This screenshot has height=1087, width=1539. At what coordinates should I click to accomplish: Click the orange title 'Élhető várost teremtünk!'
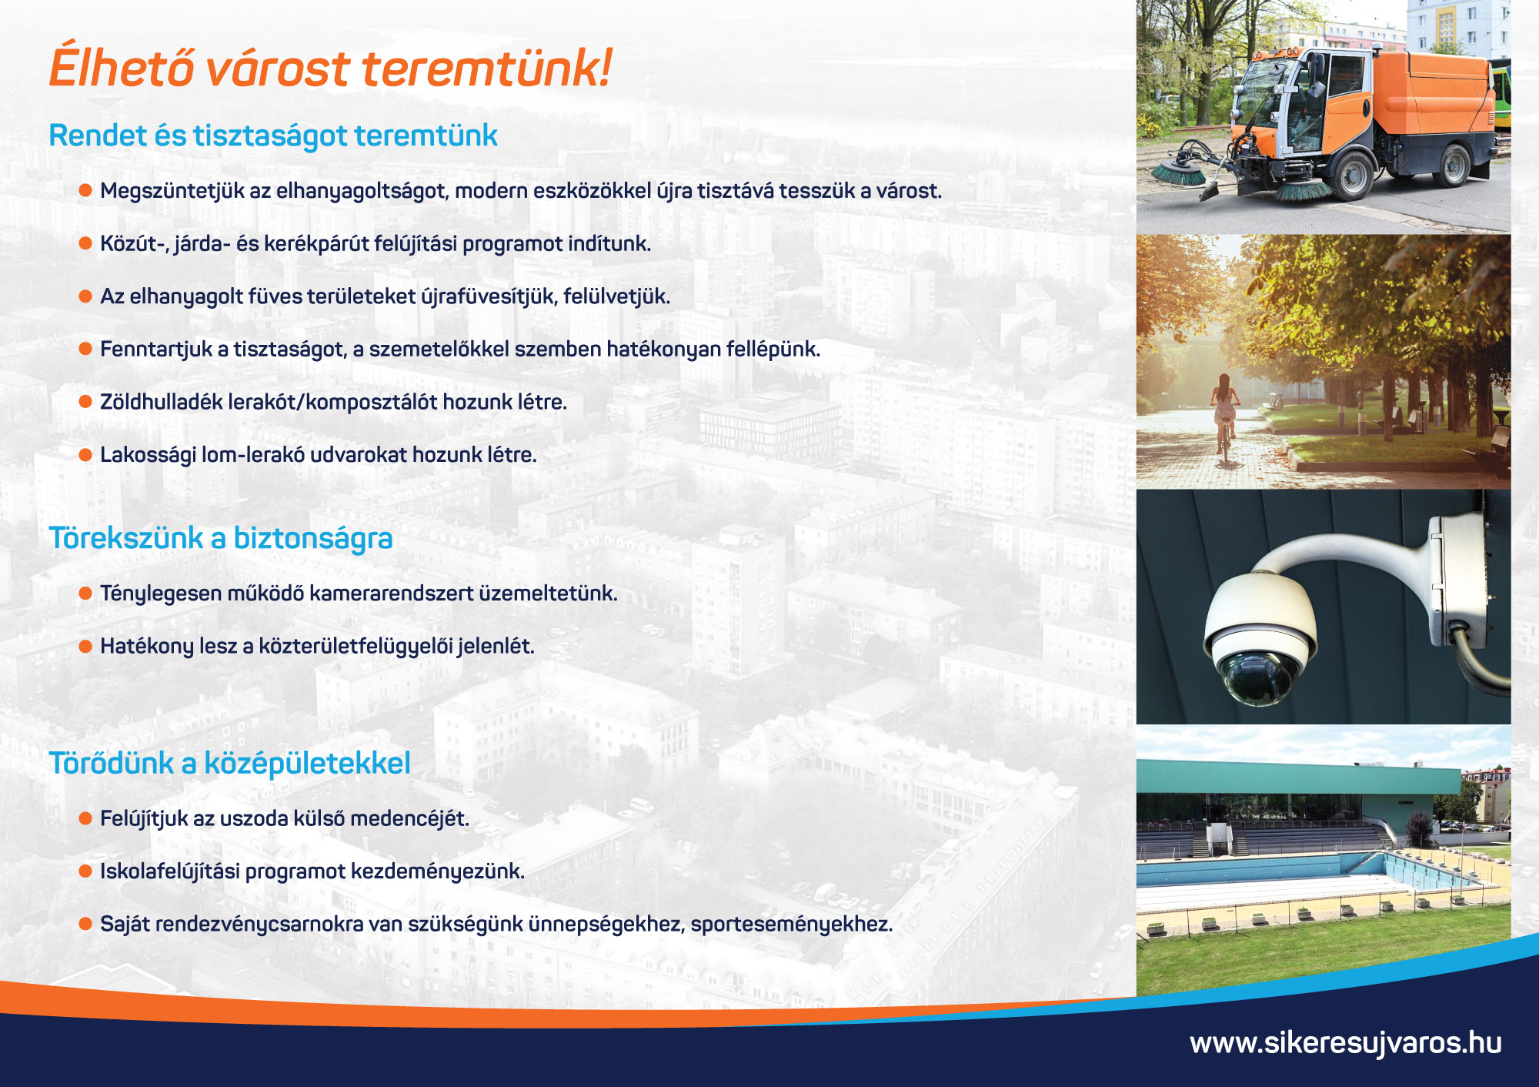click(331, 67)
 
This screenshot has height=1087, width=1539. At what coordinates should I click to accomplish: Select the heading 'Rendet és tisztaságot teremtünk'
click(273, 135)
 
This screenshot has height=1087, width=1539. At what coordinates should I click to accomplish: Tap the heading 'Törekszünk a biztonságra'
click(221, 538)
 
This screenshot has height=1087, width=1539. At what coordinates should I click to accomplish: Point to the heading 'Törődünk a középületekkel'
click(229, 763)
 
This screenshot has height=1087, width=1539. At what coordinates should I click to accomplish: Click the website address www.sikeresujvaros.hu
click(1346, 1042)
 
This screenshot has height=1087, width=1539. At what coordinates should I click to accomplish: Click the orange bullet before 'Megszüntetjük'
click(85, 190)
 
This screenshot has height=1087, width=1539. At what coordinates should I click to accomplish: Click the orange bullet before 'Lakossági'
click(85, 454)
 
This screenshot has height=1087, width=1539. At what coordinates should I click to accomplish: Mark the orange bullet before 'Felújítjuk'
click(85, 818)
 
